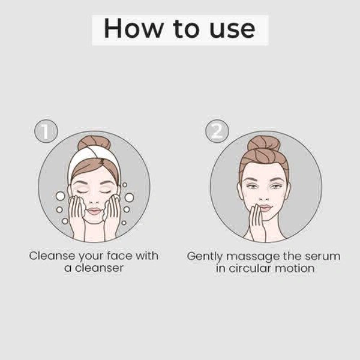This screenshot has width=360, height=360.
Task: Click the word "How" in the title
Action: (x=133, y=28)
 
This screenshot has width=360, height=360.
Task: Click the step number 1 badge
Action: (x=46, y=131)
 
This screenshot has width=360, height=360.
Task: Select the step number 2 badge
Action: (x=217, y=131)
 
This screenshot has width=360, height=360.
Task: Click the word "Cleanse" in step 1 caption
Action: (x=52, y=256)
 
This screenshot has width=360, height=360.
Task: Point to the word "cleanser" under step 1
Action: (x=99, y=268)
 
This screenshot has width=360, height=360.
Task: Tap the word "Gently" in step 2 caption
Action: (x=205, y=257)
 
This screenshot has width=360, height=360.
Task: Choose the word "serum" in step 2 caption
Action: (x=323, y=257)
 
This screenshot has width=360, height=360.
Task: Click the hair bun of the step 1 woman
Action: (x=94, y=143)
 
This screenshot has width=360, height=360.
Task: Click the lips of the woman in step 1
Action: (x=94, y=211)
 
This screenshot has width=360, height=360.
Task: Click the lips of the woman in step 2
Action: (x=266, y=208)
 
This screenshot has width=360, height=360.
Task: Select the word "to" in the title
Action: (x=186, y=29)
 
